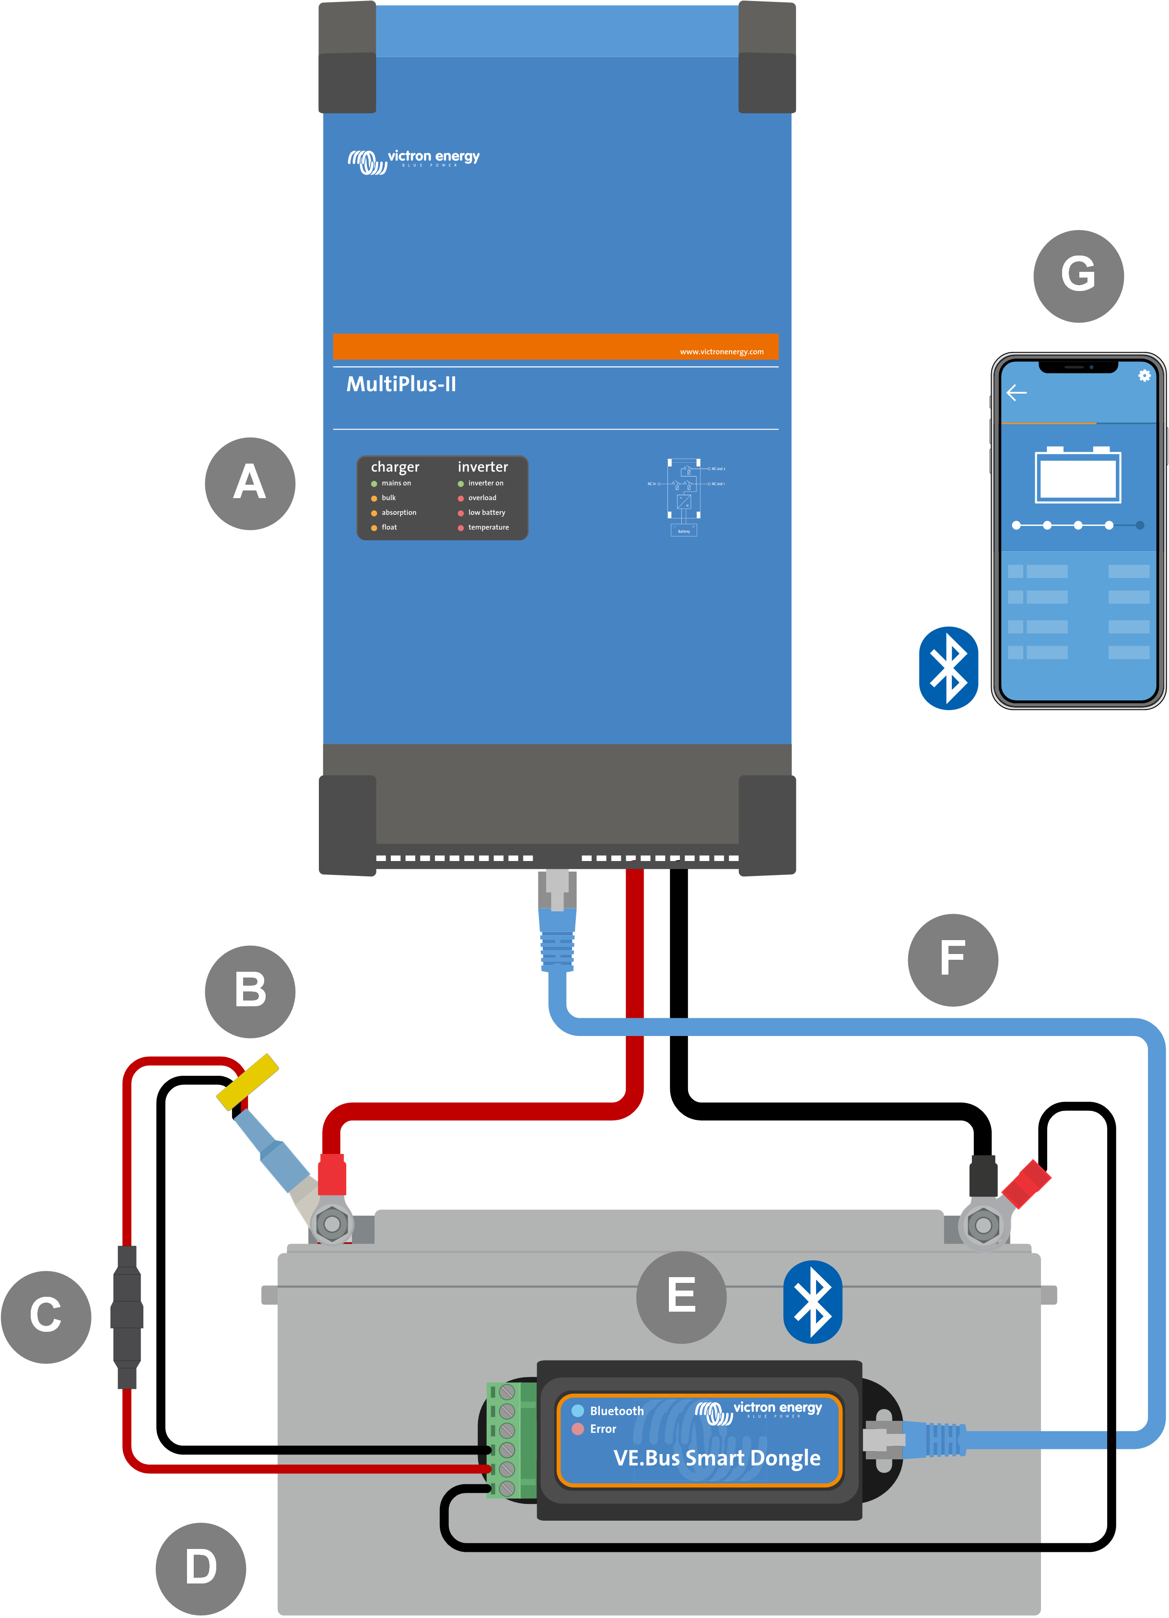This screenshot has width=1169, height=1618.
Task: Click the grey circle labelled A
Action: point(250,484)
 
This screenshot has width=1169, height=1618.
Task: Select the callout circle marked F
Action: point(952,959)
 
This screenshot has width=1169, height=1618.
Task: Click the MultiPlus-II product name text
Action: point(401,384)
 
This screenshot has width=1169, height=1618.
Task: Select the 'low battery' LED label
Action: point(486,512)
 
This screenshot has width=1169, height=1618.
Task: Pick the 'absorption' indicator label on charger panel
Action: point(398,512)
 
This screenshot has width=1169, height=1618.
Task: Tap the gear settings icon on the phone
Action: point(1144,375)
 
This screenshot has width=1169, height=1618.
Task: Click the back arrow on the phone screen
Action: point(1016,392)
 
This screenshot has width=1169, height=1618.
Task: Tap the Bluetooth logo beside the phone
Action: point(948,668)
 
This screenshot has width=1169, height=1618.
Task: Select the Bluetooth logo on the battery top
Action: point(812,1302)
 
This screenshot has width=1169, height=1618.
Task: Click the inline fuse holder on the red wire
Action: point(127,1316)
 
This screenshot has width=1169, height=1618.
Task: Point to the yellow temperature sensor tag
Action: point(247,1082)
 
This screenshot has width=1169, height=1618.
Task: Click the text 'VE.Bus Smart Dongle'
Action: point(716,1457)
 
